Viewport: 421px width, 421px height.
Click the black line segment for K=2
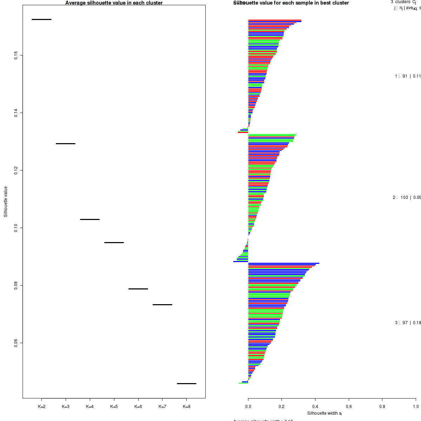pyautogui.click(x=41, y=19)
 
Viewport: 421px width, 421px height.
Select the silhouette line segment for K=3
pyautogui.click(x=66, y=143)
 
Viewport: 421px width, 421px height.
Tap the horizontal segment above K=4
pyautogui.click(x=90, y=219)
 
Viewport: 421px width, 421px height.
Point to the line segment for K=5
pyautogui.click(x=114, y=242)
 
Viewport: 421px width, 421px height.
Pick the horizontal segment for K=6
pyautogui.click(x=138, y=289)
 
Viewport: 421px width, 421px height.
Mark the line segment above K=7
pyautogui.click(x=162, y=305)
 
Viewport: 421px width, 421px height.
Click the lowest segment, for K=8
pyautogui.click(x=187, y=383)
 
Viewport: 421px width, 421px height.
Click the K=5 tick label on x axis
pyautogui.click(x=114, y=407)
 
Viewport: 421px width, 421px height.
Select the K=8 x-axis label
pyautogui.click(x=187, y=407)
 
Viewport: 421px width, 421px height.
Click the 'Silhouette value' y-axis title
pyautogui.click(x=6, y=202)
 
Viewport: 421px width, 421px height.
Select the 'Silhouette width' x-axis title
pyautogui.click(x=324, y=413)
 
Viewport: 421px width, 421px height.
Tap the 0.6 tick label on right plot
pyautogui.click(x=349, y=407)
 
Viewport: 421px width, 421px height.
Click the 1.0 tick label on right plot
pyautogui.click(x=415, y=407)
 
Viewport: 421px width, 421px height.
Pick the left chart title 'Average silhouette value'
pyautogui.click(x=114, y=3)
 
